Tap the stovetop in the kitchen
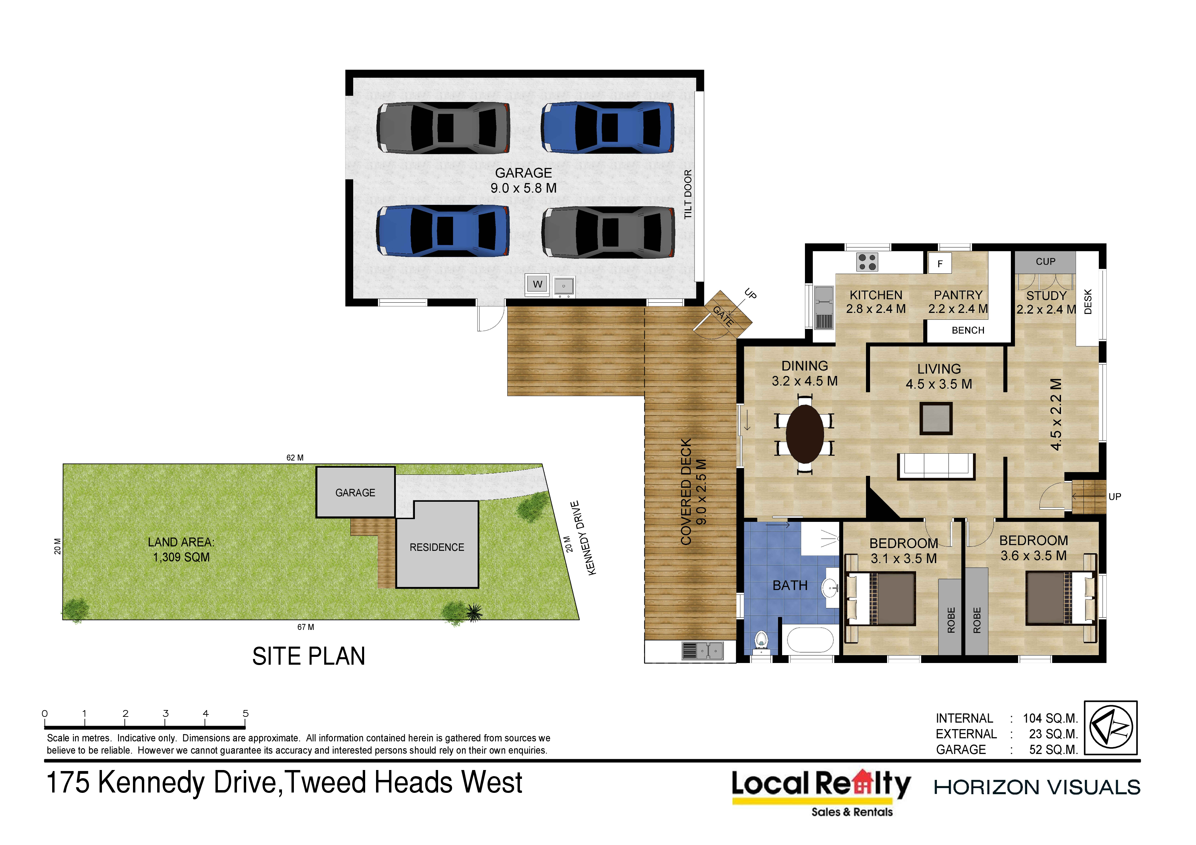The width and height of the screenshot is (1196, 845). (867, 262)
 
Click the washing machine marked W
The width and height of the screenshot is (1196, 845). (538, 284)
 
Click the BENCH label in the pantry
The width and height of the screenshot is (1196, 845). (968, 331)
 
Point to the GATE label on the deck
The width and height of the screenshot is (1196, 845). (723, 316)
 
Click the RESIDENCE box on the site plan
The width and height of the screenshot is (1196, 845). (437, 545)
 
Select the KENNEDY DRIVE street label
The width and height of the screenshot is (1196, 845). (583, 538)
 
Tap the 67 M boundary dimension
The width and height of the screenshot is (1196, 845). (306, 628)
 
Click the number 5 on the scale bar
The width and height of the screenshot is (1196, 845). (246, 713)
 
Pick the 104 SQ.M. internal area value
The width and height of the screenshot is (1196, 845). (1050, 719)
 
